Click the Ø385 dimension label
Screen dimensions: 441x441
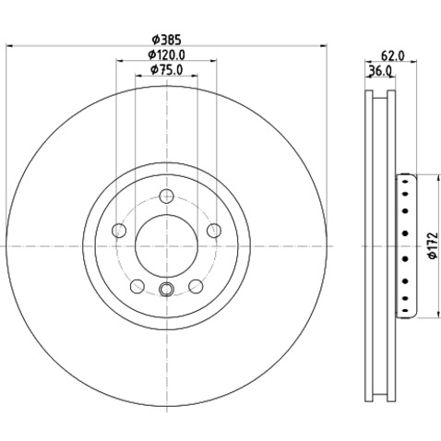pyautogui.click(x=167, y=40)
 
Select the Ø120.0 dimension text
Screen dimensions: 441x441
pyautogui.click(x=167, y=55)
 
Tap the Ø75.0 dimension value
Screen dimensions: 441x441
pyautogui.click(x=167, y=70)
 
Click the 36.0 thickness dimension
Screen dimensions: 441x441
pyautogui.click(x=380, y=71)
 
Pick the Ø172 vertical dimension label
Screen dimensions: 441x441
pyautogui.click(x=433, y=245)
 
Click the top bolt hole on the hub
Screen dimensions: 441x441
pyautogui.click(x=167, y=197)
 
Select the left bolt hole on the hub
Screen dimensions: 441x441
pyautogui.click(x=119, y=231)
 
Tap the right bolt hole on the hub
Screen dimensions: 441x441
pyautogui.click(x=214, y=231)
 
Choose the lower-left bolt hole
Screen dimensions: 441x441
pyautogui.click(x=137, y=286)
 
